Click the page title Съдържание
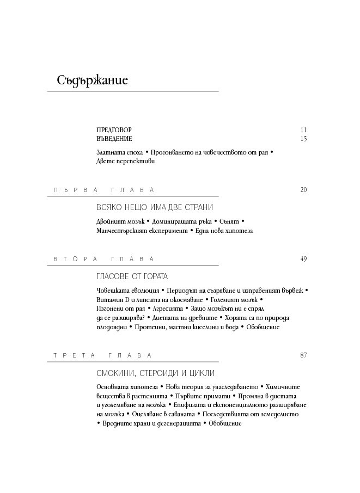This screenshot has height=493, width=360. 92,81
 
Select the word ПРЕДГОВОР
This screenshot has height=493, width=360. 114,130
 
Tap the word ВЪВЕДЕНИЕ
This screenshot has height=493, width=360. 114,139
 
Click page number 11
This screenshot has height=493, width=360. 303,130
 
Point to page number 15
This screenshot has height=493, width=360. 303,139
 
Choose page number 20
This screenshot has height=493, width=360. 303,190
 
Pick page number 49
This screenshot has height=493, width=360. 303,258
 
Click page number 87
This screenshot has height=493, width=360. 303,355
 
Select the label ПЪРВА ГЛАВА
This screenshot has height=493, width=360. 104,190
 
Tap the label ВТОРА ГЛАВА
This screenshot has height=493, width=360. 104,258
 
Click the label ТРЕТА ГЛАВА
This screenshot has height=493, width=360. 104,355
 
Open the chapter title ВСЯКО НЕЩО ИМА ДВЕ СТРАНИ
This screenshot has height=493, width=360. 154,207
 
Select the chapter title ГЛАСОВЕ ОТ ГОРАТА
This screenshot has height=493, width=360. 132,276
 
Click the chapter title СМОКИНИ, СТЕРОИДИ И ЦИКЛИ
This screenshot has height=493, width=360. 155,373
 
